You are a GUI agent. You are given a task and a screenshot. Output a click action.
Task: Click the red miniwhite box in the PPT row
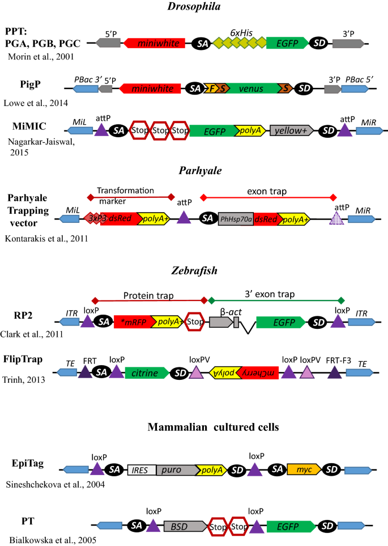(x=154, y=43)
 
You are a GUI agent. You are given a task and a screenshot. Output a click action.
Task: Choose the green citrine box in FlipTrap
(x=147, y=372)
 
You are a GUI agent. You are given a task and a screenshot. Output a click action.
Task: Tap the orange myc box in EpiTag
(x=304, y=469)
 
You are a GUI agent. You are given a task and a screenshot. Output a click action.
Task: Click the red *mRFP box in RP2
(x=131, y=321)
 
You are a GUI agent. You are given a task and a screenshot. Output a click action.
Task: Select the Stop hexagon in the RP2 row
(x=194, y=321)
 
